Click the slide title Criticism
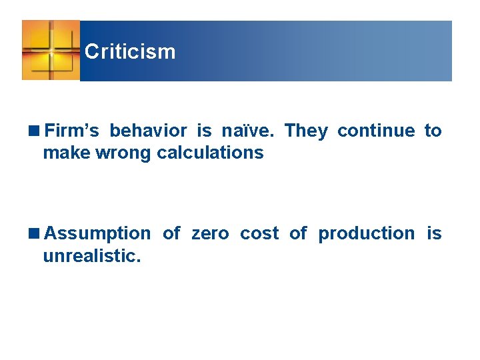click(130, 51)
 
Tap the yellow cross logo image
click(51, 50)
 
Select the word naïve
click(247, 131)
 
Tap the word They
click(306, 131)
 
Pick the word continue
click(376, 131)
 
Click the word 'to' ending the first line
click(433, 131)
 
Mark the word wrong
click(126, 153)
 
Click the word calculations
click(210, 153)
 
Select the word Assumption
click(97, 233)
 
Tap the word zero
click(210, 233)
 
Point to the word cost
click(259, 233)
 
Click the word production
click(366, 233)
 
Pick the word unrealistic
click(92, 255)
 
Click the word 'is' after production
click(434, 233)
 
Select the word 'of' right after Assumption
click(171, 233)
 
